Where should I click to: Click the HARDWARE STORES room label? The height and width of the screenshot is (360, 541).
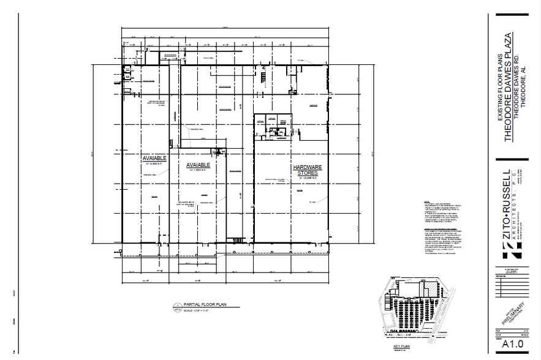tap(307, 170)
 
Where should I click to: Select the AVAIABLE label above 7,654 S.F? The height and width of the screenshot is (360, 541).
tap(198, 165)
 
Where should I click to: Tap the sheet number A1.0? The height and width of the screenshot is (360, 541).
tap(512, 346)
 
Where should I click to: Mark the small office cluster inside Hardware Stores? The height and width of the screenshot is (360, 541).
tap(270, 126)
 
